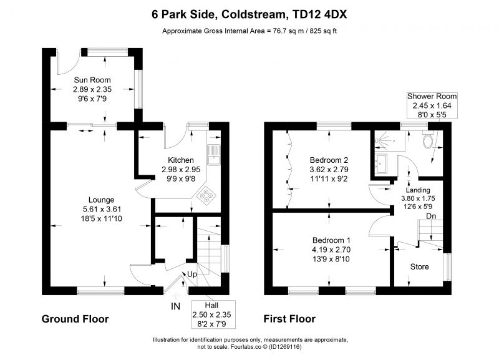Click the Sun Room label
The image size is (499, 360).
pyautogui.click(x=92, y=80)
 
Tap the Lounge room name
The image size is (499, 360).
pyautogui.click(x=101, y=200)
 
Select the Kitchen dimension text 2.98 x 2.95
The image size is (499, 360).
pyautogui.click(x=181, y=169)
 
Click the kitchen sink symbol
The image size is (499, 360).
pyautogui.click(x=213, y=155)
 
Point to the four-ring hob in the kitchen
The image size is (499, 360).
pyautogui.click(x=206, y=195)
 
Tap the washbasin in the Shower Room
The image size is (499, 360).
pyautogui.click(x=380, y=164)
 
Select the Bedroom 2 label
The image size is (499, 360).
pyautogui.click(x=329, y=160)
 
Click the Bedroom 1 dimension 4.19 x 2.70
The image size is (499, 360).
pyautogui.click(x=331, y=250)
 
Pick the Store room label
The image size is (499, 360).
pyautogui.click(x=419, y=267)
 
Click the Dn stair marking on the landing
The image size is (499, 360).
pyautogui.click(x=431, y=216)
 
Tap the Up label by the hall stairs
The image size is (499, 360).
pyautogui.click(x=192, y=275)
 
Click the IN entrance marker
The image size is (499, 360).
pyautogui.click(x=176, y=306)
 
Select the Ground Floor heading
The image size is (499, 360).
pyautogui.click(x=75, y=319)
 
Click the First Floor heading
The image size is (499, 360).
pyautogui.click(x=289, y=319)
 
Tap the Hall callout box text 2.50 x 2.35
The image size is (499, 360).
pyautogui.click(x=211, y=315)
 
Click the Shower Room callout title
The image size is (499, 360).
pyautogui.click(x=432, y=96)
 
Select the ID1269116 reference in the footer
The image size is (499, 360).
pyautogui.click(x=286, y=347)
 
